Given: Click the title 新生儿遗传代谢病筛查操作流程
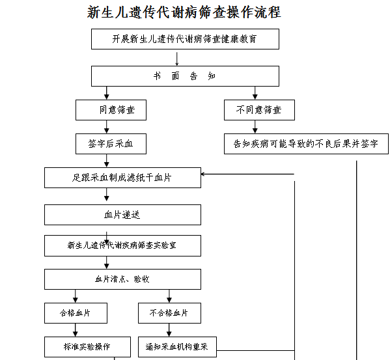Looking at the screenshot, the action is click(x=184, y=12).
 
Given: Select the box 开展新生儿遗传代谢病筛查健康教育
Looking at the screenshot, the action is click(x=185, y=39).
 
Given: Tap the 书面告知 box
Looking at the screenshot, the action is click(x=185, y=76).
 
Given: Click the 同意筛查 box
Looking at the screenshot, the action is click(x=111, y=110).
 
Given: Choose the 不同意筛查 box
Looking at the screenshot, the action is click(x=259, y=110).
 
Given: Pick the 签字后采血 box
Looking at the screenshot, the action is click(x=111, y=144).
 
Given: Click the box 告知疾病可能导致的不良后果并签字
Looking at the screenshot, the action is click(x=306, y=144).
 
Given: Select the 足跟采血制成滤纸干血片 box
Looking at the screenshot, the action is click(x=122, y=178).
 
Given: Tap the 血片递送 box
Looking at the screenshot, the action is click(x=122, y=215).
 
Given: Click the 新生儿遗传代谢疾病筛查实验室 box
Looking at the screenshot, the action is click(x=122, y=245).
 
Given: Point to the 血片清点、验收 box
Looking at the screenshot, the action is click(x=122, y=279).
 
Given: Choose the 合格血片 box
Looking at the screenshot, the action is click(x=76, y=313).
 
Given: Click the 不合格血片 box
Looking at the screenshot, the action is click(x=170, y=313).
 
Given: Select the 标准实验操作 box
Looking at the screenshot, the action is click(x=87, y=347).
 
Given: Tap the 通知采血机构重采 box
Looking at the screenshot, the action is click(x=177, y=347).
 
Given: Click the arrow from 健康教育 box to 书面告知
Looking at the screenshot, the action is click(x=177, y=59).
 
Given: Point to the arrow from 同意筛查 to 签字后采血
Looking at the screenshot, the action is click(x=107, y=127).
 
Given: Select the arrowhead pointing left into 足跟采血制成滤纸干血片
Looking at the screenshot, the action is click(x=202, y=174).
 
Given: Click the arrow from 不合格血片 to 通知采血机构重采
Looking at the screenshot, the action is click(x=169, y=330).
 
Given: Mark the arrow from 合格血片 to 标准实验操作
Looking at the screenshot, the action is click(x=76, y=330).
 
